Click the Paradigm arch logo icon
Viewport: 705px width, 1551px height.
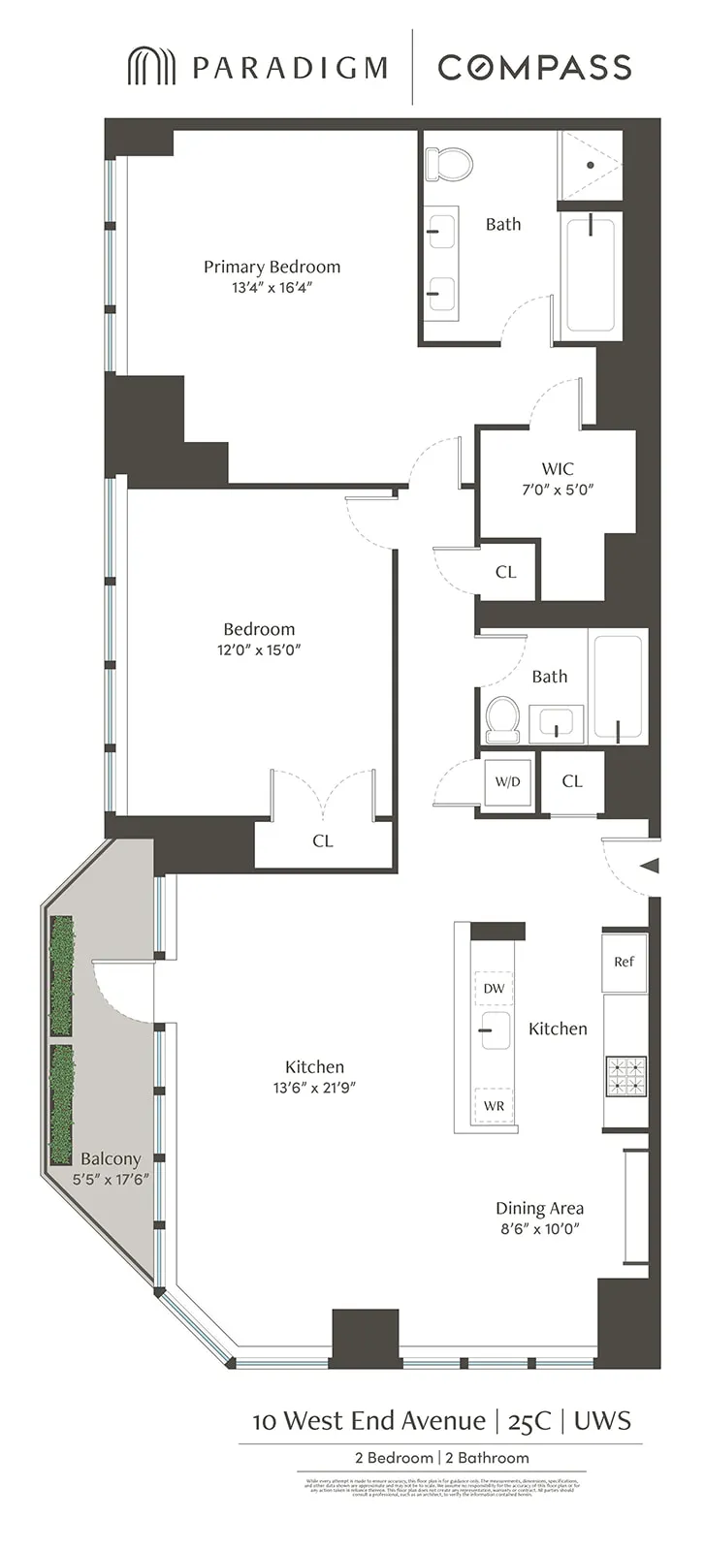[x=151, y=66]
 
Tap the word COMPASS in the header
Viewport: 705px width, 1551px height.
[x=534, y=67]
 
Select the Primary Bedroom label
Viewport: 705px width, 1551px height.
[x=272, y=267]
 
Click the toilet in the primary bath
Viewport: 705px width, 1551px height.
[x=448, y=164]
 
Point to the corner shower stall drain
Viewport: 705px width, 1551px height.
[x=591, y=165]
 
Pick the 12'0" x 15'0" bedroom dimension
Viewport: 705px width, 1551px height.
[x=259, y=650]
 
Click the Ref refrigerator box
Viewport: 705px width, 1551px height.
[x=624, y=962]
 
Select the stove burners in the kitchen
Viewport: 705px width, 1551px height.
[x=625, y=1075]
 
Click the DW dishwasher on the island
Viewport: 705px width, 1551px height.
[x=494, y=989]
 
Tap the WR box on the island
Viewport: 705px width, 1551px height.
[x=494, y=1106]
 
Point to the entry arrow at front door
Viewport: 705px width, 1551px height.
[x=651, y=866]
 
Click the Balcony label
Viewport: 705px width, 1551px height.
[x=111, y=1158]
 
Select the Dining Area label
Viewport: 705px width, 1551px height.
[x=539, y=1208]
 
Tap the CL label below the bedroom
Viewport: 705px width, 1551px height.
[x=323, y=841]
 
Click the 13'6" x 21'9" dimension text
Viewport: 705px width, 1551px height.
[x=314, y=1088]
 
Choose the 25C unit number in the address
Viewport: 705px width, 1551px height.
[x=529, y=1421]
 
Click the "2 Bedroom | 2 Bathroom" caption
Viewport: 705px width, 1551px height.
[x=441, y=1458]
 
